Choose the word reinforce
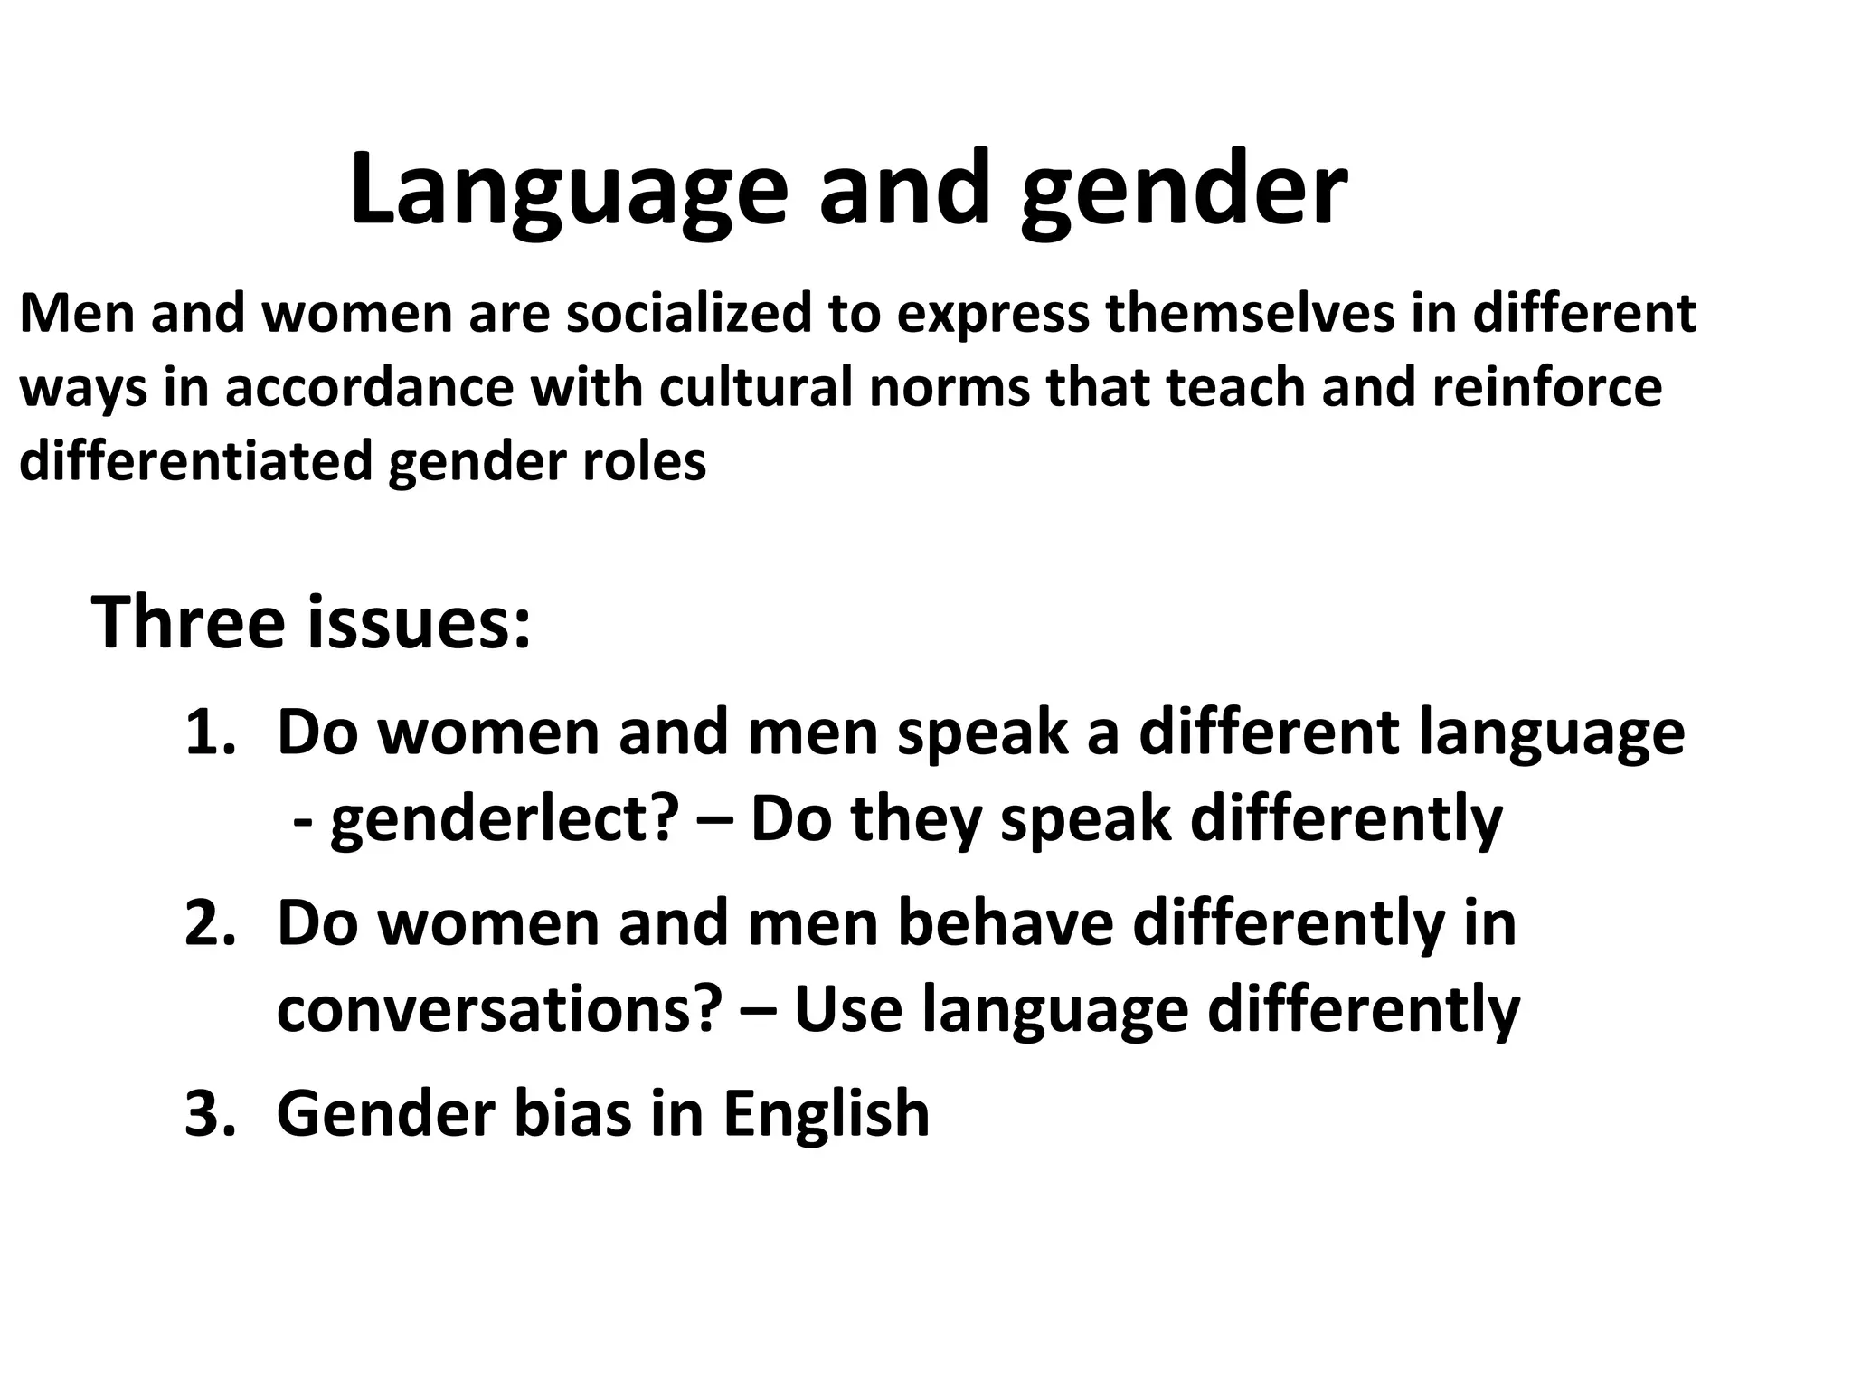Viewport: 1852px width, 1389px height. tap(1547, 388)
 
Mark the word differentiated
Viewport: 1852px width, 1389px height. tap(196, 461)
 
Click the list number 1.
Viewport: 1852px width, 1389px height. tap(210, 732)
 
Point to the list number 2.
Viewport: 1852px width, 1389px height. tap(210, 923)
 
